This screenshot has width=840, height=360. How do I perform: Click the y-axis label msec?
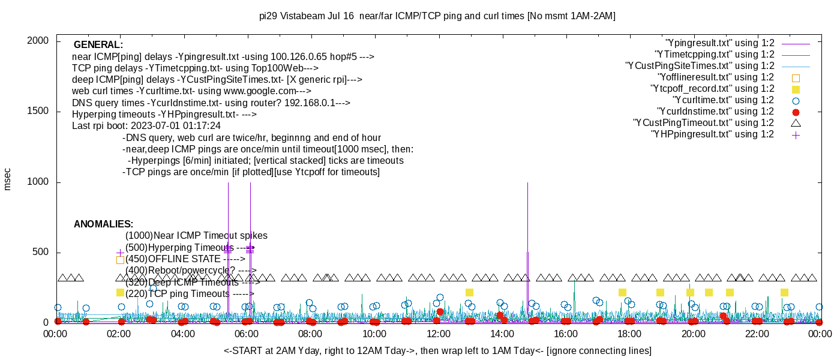(8, 179)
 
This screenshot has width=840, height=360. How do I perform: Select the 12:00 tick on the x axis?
(438, 334)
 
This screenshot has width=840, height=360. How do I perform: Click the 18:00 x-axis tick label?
(629, 334)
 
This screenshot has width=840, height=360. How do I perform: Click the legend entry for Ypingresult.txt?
(720, 43)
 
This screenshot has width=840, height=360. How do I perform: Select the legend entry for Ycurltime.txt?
(723, 100)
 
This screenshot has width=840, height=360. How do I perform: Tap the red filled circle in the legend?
(796, 112)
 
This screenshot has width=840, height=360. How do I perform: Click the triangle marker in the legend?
(796, 123)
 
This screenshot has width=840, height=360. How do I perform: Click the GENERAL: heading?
(98, 45)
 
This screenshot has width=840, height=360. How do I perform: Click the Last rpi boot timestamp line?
(146, 126)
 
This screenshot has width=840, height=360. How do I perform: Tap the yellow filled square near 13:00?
(469, 292)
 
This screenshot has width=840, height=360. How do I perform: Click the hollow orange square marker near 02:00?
(120, 260)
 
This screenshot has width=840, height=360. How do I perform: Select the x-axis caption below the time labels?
(437, 350)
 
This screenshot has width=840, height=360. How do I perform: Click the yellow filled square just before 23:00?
(784, 292)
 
